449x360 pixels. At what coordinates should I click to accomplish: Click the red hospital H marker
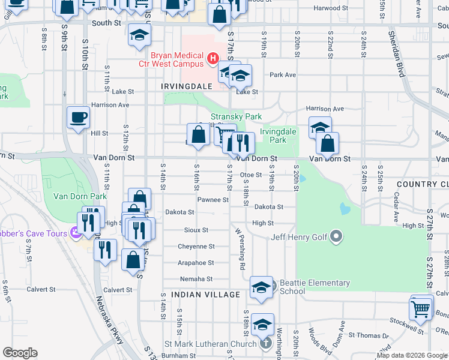click(212, 58)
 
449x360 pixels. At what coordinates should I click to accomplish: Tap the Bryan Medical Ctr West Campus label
click(176, 58)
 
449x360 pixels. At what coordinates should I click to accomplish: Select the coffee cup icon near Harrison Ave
click(78, 118)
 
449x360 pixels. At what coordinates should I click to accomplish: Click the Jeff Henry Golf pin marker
click(336, 237)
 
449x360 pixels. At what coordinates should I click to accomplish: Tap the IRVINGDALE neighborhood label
click(187, 86)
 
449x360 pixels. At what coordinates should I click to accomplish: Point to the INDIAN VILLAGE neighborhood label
click(205, 295)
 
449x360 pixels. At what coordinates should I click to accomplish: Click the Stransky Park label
click(236, 116)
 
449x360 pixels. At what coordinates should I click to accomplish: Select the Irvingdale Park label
click(277, 136)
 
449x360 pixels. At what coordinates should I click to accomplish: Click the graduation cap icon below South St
click(139, 36)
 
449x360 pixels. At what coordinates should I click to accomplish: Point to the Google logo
click(20, 353)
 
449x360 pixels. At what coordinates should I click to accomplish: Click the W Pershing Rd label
click(240, 248)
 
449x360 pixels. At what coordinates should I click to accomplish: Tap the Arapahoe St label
click(196, 263)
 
